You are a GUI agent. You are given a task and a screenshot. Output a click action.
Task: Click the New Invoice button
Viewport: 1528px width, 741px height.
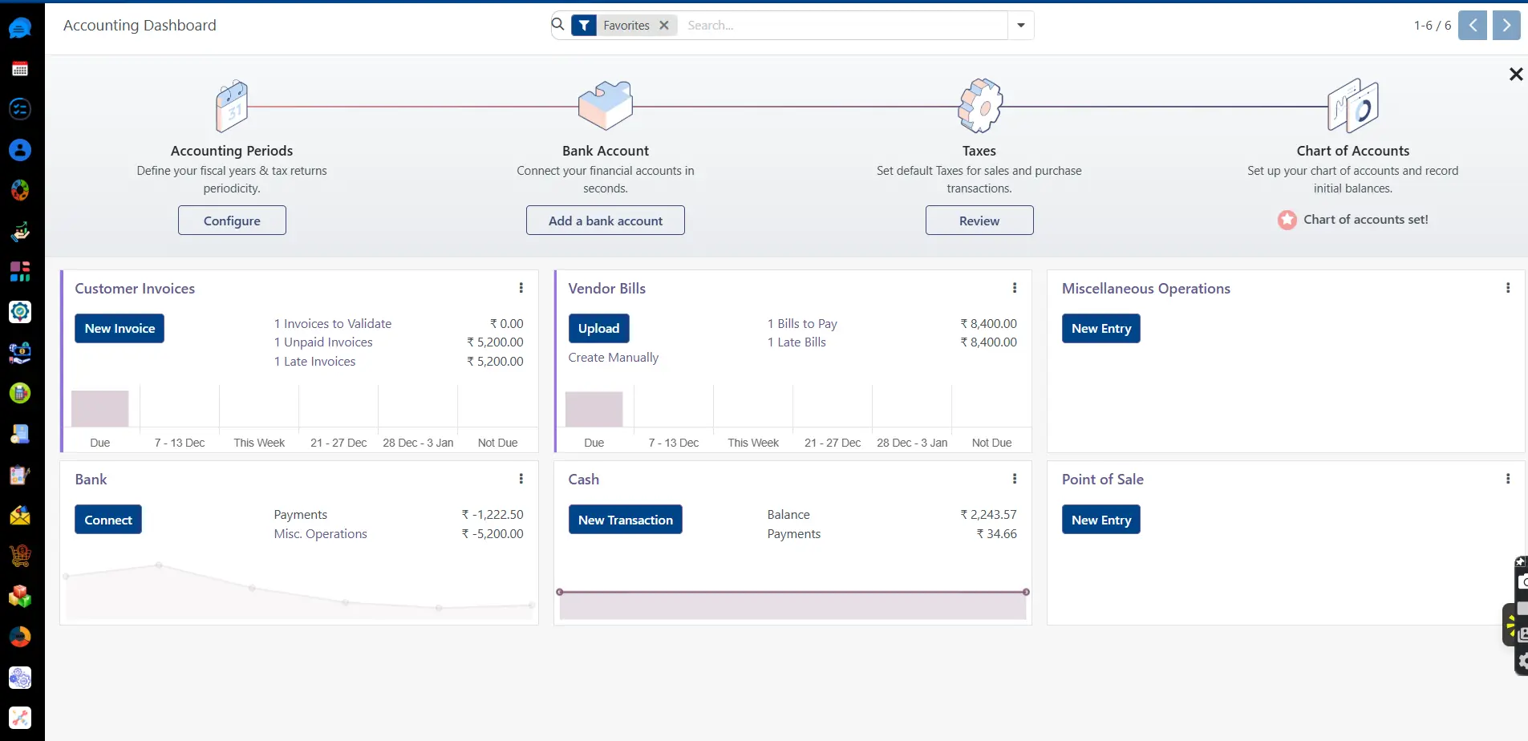(120, 329)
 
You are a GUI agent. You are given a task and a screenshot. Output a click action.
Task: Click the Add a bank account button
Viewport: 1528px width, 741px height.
(605, 221)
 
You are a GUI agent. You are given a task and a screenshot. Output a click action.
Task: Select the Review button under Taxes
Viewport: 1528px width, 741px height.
(979, 221)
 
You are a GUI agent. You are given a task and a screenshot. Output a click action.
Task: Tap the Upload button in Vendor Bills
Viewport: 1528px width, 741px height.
(598, 329)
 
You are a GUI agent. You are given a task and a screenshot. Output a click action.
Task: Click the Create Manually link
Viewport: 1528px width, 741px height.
(613, 358)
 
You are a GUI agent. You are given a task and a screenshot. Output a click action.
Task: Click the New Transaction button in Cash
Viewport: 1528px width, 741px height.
(625, 520)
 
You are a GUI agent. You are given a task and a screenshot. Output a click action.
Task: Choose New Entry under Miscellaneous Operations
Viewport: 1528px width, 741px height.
(1100, 329)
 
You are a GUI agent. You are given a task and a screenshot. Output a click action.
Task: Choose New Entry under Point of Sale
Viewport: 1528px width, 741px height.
(1100, 520)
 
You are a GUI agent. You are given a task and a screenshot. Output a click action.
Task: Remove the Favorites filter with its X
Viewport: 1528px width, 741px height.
(664, 26)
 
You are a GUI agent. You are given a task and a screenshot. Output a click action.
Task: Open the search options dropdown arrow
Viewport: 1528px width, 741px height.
(1020, 26)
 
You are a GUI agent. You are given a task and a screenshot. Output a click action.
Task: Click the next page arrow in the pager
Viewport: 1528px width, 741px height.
(1506, 26)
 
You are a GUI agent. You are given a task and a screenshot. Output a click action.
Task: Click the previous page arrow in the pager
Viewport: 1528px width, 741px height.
(1472, 26)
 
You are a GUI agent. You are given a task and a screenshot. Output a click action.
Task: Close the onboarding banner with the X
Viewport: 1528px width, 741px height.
(1515, 75)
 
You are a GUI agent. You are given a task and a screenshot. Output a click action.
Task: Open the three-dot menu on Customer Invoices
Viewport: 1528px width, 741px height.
(521, 288)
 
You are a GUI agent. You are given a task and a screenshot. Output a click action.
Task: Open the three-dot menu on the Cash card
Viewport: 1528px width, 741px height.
(1014, 479)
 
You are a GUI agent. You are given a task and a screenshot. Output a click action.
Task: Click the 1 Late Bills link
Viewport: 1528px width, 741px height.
(796, 342)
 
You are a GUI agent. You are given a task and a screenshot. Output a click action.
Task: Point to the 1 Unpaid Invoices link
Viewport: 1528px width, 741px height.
(323, 342)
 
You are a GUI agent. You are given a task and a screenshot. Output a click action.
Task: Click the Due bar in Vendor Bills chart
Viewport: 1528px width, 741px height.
(594, 409)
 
